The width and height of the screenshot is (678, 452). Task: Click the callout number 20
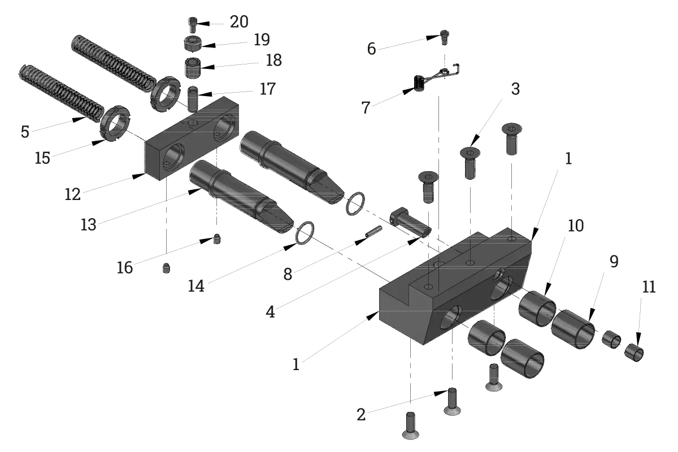click(x=239, y=22)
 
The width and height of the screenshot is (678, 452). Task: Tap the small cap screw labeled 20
click(x=193, y=25)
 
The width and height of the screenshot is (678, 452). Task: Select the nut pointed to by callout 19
click(x=193, y=44)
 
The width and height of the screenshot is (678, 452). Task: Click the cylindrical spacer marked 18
click(x=193, y=68)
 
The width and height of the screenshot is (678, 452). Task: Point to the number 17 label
click(x=268, y=89)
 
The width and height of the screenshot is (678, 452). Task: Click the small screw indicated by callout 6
click(x=444, y=37)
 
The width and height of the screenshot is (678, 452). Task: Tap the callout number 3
click(x=515, y=89)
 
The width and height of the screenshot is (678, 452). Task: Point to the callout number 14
click(x=196, y=286)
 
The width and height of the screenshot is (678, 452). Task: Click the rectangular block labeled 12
click(x=192, y=138)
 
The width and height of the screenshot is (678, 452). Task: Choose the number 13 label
click(x=88, y=225)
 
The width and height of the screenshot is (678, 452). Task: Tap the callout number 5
click(x=25, y=132)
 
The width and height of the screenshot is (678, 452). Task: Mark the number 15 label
click(x=42, y=158)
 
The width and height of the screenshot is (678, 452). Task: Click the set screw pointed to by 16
click(x=217, y=239)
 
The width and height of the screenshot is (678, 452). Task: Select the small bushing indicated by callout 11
click(x=634, y=353)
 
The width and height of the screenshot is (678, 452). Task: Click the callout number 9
click(x=614, y=261)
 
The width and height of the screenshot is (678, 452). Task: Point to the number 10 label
click(x=576, y=225)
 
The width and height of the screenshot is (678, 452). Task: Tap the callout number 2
click(x=361, y=415)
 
